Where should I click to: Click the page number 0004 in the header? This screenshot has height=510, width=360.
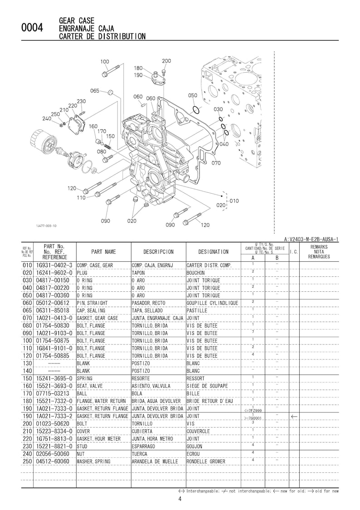pyautogui.click(x=32, y=29)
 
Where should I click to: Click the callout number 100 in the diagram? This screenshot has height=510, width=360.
pyautogui.click(x=104, y=62)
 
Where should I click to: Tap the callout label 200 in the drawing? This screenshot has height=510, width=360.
pyautogui.click(x=166, y=61)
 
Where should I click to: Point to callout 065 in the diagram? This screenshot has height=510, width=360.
pyautogui.click(x=94, y=91)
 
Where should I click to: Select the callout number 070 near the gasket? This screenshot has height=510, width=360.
pyautogui.click(x=216, y=163)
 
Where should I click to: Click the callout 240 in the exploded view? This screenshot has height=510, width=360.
pyautogui.click(x=47, y=119)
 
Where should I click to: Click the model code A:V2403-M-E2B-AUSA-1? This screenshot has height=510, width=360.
pyautogui.click(x=311, y=239)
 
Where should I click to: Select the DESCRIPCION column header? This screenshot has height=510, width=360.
pyautogui.click(x=158, y=251)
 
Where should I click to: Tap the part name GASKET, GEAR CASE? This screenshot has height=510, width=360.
pyautogui.click(x=97, y=318)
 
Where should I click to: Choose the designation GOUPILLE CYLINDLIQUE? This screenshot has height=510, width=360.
pyautogui.click(x=212, y=303)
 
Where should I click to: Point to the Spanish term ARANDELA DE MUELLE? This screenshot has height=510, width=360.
pyautogui.click(x=157, y=461)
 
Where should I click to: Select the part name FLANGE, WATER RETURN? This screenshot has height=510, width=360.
pyautogui.click(x=101, y=401)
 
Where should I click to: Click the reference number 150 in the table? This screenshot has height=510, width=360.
pyautogui.click(x=27, y=378)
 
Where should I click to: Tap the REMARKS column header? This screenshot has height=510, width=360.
pyautogui.click(x=319, y=251)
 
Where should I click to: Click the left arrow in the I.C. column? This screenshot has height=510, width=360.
pyautogui.click(x=294, y=416)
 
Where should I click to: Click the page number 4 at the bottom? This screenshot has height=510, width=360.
pyautogui.click(x=180, y=500)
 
